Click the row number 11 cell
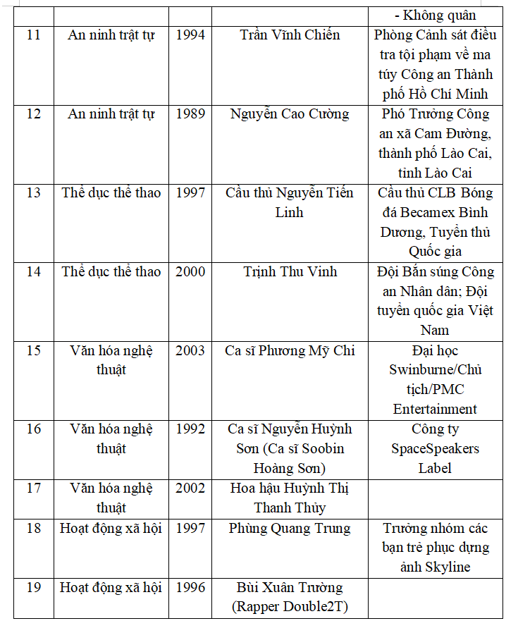pyautogui.click(x=34, y=35)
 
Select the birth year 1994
pyautogui.click(x=190, y=35)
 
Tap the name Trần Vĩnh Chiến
pyautogui.click(x=290, y=35)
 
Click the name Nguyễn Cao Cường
pyautogui.click(x=290, y=114)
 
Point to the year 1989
pyautogui.click(x=190, y=114)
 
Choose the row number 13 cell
pyautogui.click(x=34, y=193)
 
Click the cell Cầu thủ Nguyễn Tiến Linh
pyautogui.click(x=290, y=202)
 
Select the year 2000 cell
pyautogui.click(x=190, y=272)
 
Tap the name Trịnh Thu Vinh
pyautogui.click(x=290, y=272)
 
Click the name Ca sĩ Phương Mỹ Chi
pyautogui.click(x=290, y=351)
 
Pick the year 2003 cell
pyautogui.click(x=190, y=351)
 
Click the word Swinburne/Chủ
pyautogui.click(x=436, y=370)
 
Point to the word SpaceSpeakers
pyautogui.click(x=436, y=449)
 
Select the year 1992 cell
pyautogui.click(x=190, y=429)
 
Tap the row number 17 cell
pyautogui.click(x=34, y=488)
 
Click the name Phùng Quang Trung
pyautogui.click(x=290, y=529)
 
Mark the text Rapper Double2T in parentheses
pyautogui.click(x=290, y=607)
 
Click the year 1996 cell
pyautogui.click(x=190, y=588)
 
